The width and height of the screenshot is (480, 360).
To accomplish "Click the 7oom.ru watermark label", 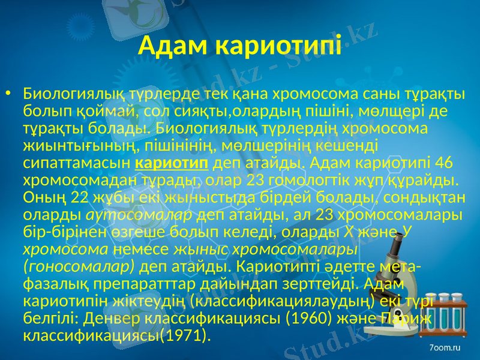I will [445, 347].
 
